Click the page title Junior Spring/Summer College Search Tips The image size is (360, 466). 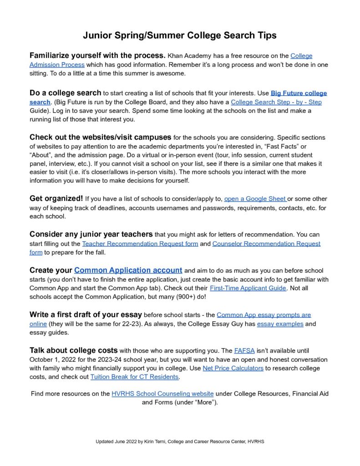point(180,35)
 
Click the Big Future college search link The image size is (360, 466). point(299,93)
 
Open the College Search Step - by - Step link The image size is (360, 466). point(276,102)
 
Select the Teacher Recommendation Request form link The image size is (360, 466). point(140,243)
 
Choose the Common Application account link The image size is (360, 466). point(128,270)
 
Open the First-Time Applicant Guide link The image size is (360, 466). point(248,288)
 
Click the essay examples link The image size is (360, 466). point(280,324)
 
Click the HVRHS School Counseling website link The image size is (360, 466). point(162,393)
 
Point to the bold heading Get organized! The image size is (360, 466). point(56,199)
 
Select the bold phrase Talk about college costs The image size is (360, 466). point(73,350)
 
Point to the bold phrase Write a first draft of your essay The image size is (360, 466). point(86,314)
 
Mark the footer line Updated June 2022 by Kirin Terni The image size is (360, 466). point(180,441)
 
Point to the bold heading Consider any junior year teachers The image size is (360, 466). point(91,234)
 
